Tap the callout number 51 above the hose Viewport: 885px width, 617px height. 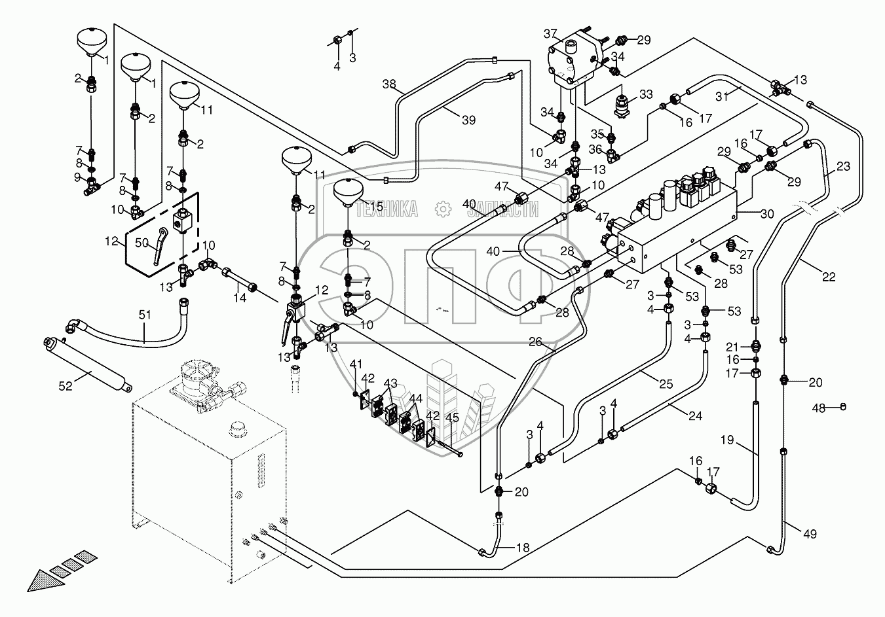(145, 315)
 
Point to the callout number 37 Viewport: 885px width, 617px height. (550, 33)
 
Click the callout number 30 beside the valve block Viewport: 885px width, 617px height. (748, 213)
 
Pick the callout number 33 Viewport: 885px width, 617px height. (647, 94)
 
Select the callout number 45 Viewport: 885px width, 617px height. (452, 418)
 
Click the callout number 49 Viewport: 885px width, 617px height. (810, 534)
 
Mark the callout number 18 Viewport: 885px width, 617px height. (522, 547)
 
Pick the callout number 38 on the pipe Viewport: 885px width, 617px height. (389, 84)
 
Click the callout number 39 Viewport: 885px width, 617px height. (468, 120)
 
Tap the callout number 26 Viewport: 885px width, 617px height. (536, 341)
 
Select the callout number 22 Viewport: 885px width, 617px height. (829, 277)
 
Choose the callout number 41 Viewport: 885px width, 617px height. (356, 363)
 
